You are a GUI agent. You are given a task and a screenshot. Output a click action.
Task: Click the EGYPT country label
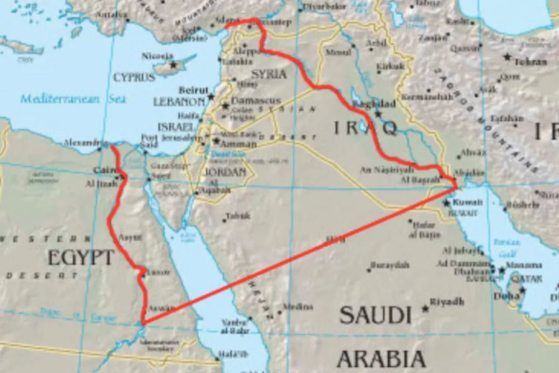pos(81,257)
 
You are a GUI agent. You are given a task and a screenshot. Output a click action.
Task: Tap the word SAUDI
pos(375,315)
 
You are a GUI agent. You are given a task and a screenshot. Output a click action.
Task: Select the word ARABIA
pos(381,359)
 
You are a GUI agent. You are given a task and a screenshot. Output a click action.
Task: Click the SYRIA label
pos(269,74)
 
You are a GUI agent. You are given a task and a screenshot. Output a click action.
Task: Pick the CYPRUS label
pos(134,78)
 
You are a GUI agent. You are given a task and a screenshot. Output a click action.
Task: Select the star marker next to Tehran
pos(507,57)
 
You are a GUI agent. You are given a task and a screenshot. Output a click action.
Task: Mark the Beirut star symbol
pos(211,96)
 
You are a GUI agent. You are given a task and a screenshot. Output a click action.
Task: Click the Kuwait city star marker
pos(446,203)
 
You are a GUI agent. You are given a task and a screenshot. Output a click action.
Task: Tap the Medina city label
pos(294,306)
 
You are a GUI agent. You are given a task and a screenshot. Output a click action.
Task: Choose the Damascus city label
pos(256,101)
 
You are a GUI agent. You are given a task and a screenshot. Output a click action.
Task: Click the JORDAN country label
pos(225,172)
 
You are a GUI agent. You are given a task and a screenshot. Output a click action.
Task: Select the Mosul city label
pos(338,53)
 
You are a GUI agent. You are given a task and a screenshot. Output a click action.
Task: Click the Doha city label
pos(506,296)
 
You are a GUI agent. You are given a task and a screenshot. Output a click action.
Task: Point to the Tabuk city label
pos(238,216)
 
